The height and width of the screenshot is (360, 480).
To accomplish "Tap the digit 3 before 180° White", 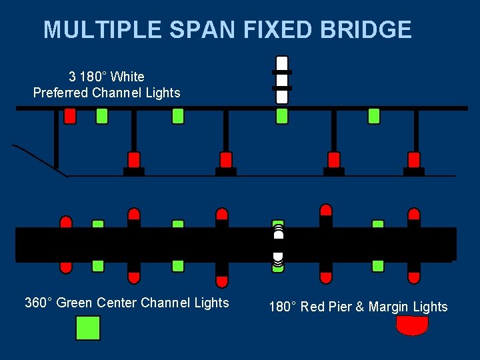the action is coord(72,77).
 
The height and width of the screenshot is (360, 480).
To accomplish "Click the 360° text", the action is coord(39,303).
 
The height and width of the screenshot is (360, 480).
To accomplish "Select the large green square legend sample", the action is coord(87,328).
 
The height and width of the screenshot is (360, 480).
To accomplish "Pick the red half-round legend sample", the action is coord(412,325).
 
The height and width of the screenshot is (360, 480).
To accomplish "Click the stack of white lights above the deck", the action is coord(282,79).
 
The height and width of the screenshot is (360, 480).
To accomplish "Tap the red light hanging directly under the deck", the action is coord(70,116).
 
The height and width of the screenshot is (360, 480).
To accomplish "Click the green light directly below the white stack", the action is coord(282,116).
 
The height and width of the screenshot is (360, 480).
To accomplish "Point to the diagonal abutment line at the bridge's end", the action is coord(40,161).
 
